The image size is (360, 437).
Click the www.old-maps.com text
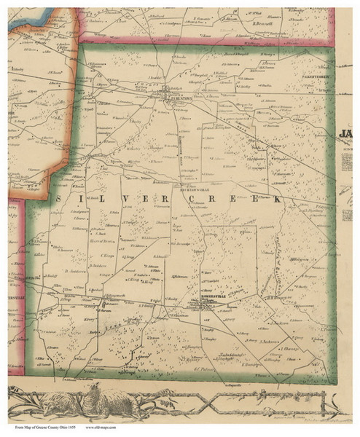(x=103, y=430)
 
